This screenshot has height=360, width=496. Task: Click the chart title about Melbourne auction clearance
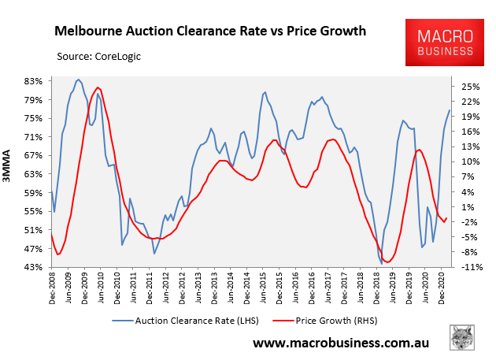210,32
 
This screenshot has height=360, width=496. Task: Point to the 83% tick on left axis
33,81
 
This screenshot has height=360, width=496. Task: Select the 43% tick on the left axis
33,267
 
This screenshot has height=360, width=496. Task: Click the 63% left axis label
33,174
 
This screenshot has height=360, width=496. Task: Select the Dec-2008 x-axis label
52,292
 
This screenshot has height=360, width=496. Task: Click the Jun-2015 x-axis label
263,292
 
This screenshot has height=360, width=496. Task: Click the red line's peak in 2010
98,87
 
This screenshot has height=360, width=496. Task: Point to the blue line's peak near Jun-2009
78,80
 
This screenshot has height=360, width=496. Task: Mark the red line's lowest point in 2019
387,262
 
